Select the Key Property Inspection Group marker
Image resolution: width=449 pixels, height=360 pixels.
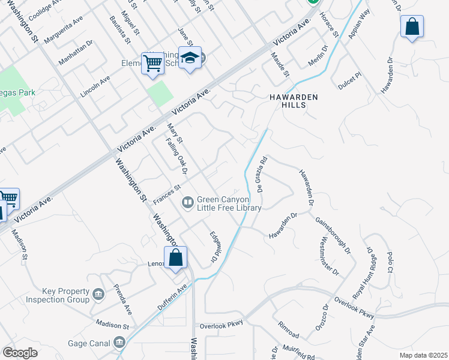click(98, 295)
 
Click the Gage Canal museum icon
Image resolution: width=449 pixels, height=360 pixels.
click(119, 343)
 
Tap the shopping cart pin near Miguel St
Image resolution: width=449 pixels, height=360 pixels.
click(152, 62)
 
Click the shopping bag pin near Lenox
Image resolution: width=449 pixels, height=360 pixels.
click(175, 258)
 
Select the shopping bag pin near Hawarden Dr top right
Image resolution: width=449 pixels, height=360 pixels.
click(412, 27)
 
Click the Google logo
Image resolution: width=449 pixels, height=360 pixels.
click(20, 353)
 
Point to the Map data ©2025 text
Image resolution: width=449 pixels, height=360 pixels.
click(423, 355)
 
